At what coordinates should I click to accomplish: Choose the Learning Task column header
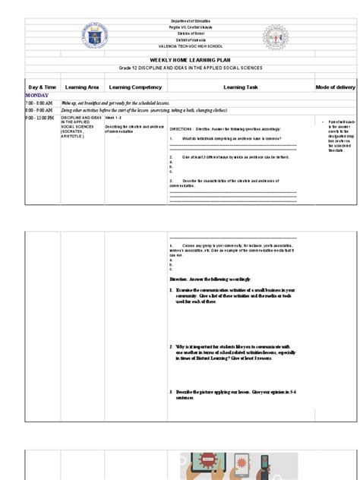pos(241,87)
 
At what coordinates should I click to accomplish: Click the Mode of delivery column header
pos(336,87)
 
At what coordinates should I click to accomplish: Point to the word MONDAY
pos(37,96)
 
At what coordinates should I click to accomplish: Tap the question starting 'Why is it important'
pos(235,352)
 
